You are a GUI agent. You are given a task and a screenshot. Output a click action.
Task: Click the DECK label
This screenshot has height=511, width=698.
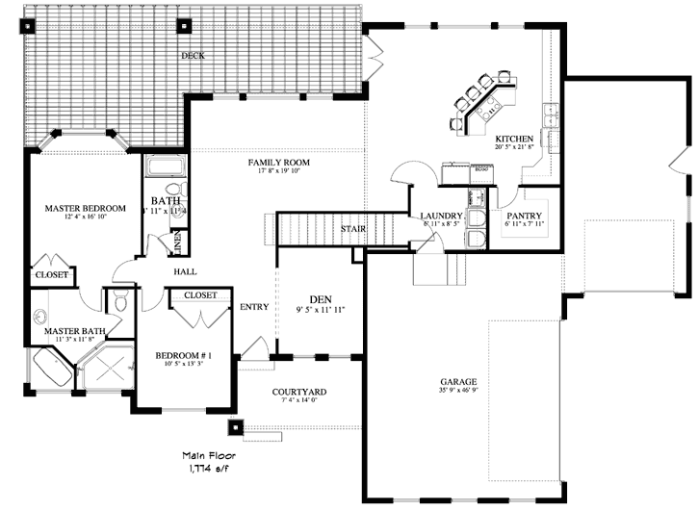click(x=193, y=56)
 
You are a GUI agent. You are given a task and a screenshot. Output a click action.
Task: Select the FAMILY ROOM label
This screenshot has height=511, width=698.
click(x=279, y=162)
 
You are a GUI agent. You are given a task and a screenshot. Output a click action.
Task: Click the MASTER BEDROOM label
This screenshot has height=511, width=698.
click(x=86, y=208)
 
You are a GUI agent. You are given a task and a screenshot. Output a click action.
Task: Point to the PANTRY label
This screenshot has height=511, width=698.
click(x=525, y=216)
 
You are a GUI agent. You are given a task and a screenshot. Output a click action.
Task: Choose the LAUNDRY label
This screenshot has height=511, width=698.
click(x=443, y=216)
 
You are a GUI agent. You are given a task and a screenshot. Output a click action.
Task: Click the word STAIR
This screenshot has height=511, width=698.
click(x=351, y=229)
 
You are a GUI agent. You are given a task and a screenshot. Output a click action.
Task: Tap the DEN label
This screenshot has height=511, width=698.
click(x=320, y=298)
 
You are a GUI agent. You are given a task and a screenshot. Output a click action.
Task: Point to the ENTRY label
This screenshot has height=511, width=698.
click(x=254, y=306)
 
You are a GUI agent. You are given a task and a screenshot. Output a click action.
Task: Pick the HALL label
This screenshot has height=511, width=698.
click(x=185, y=271)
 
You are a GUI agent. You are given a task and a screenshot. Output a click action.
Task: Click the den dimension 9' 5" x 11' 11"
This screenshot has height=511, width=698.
click(x=320, y=309)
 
